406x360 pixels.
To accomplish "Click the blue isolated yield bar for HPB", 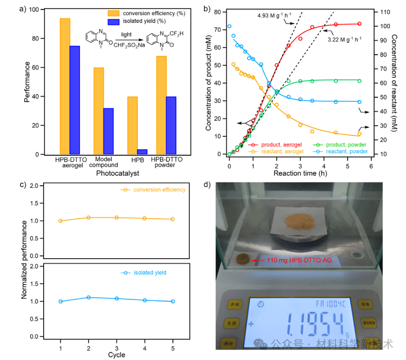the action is pyautogui.click(x=142, y=152).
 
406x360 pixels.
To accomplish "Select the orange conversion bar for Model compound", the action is pyautogui.click(x=99, y=111).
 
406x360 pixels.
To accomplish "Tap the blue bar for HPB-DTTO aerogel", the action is pyautogui.click(x=75, y=100).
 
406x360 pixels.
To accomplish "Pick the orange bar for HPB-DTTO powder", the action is pyautogui.click(x=162, y=105).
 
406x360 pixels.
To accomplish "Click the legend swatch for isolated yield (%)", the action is pyautogui.click(x=113, y=22).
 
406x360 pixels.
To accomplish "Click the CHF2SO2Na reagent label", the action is pyautogui.click(x=129, y=45).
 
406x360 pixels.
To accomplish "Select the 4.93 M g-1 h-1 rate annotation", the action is pyautogui.click(x=274, y=16).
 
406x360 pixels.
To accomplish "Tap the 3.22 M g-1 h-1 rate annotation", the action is pyautogui.click(x=344, y=39).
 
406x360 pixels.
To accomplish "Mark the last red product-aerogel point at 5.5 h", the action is pyautogui.click(x=360, y=24).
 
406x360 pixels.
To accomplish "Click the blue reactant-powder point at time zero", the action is pyautogui.click(x=229, y=26).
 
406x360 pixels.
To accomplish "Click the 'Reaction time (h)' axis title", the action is pyautogui.click(x=300, y=173).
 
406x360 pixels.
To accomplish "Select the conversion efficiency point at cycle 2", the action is pyautogui.click(x=88, y=218).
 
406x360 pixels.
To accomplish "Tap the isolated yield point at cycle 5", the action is pyautogui.click(x=173, y=301).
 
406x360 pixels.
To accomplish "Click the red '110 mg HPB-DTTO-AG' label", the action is pyautogui.click(x=299, y=260).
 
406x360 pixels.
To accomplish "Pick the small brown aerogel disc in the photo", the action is pyautogui.click(x=243, y=259).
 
